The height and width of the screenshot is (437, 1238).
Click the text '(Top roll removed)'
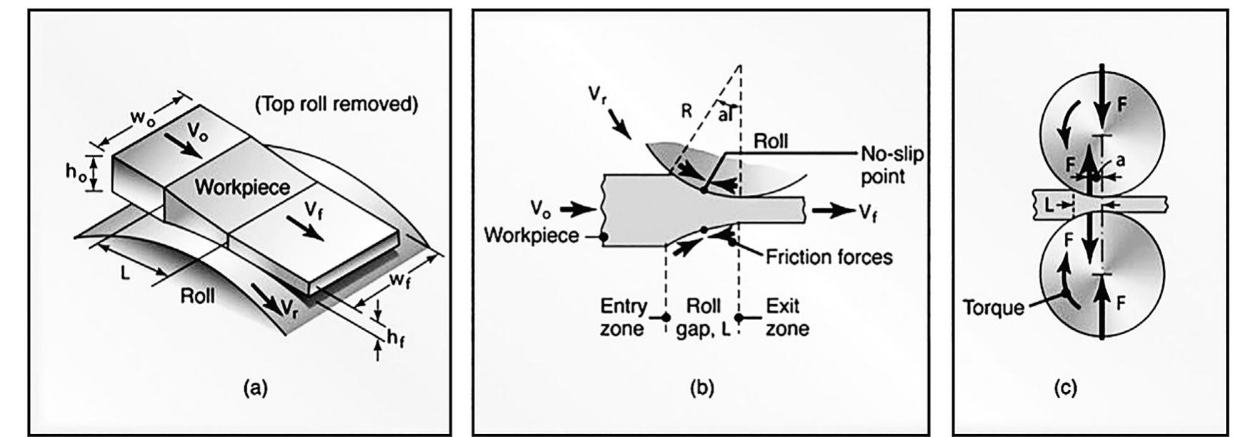point(336,104)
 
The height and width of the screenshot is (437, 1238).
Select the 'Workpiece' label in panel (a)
point(242,188)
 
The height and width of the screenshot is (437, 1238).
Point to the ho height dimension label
point(74,173)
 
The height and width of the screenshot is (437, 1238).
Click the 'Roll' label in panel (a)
point(197,295)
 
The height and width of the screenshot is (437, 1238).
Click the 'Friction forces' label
point(829,256)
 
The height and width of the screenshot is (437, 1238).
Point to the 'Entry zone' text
point(623,317)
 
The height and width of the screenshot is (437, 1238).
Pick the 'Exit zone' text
point(787,317)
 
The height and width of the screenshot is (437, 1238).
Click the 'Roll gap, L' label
point(703,317)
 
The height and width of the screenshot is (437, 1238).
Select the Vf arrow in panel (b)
point(832,211)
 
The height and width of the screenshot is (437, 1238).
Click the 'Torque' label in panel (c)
point(993,308)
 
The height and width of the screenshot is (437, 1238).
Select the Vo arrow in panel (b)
point(577,209)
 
